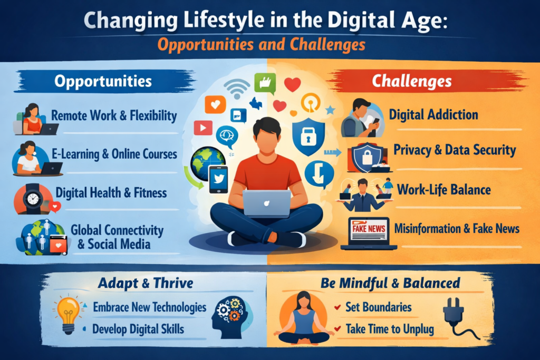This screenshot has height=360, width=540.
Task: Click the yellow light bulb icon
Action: coord(67,315)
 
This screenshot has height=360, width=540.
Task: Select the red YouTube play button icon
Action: coord(203,128)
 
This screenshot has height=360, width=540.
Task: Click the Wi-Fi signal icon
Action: coord(237,88)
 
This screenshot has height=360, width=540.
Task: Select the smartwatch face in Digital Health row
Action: coord(33,199)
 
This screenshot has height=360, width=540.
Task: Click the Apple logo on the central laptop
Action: coord(266,203)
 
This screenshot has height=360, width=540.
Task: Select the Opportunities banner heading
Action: coord(103,81)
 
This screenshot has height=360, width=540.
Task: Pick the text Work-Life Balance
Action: coord(444,190)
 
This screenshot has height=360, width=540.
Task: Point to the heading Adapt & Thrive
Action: coord(146,283)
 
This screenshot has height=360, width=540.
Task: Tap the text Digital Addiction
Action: coord(433,114)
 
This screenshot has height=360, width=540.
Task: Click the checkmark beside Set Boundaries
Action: coord(337,307)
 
